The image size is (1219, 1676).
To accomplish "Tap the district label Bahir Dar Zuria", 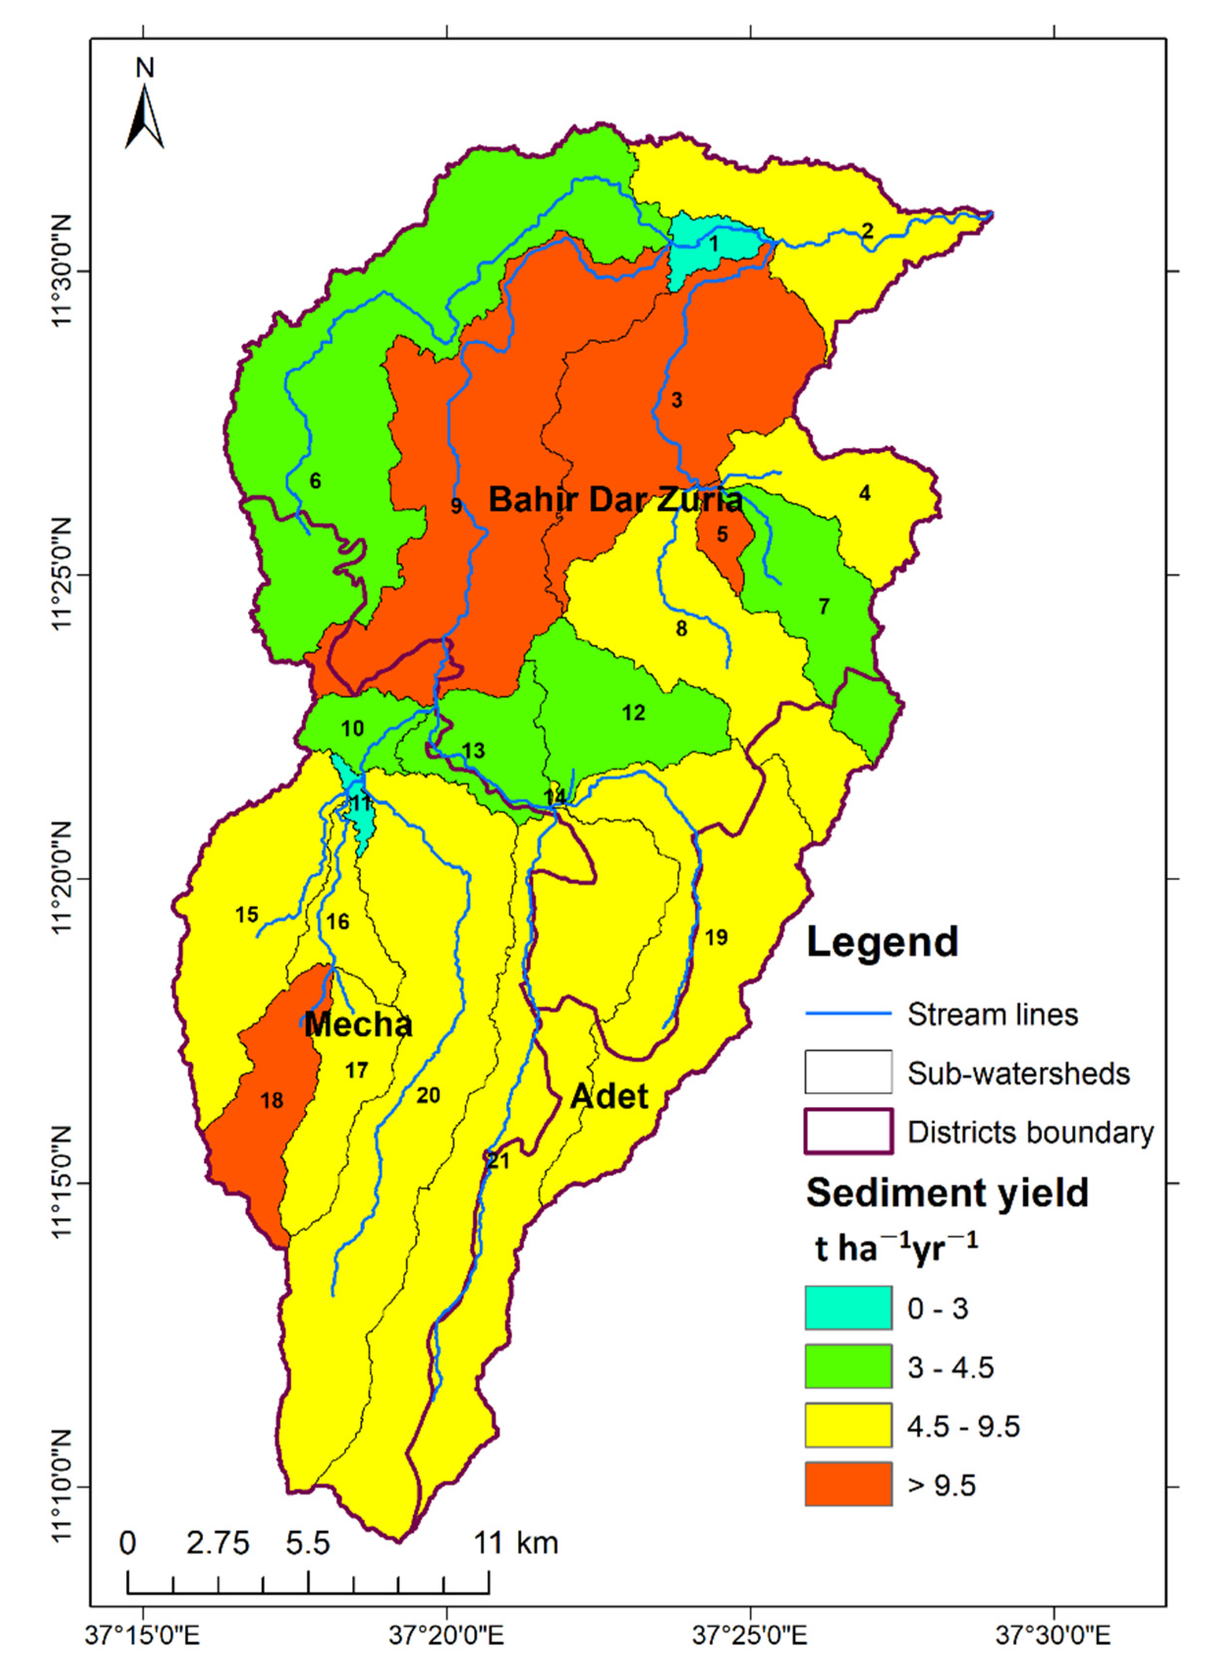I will [615, 500].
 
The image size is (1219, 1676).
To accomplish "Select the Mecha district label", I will [359, 1024].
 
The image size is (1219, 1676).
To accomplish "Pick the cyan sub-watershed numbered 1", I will [714, 244].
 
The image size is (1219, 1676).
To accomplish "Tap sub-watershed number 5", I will [722, 534].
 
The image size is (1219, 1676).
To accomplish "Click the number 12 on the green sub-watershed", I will [633, 713].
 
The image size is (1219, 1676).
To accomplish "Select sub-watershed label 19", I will [716, 938].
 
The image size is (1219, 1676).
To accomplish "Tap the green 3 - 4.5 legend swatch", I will [848, 1368].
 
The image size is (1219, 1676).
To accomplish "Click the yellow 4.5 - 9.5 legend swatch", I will [848, 1426].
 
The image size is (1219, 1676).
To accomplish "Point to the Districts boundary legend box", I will [848, 1132].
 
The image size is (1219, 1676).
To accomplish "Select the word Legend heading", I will [882, 943].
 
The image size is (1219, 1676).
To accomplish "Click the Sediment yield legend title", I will [947, 1193].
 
